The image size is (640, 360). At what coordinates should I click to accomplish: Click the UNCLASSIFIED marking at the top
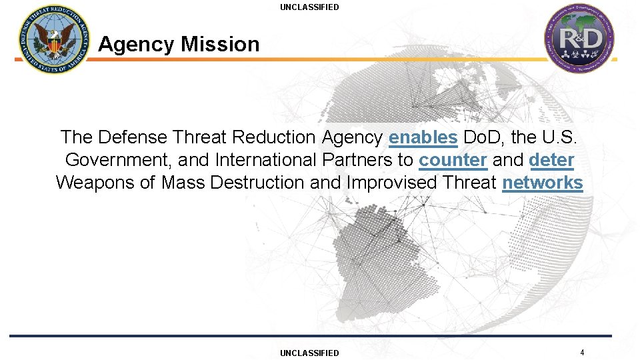point(309,7)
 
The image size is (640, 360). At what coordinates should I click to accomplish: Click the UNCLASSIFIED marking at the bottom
point(309,353)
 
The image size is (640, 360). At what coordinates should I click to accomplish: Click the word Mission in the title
point(219,45)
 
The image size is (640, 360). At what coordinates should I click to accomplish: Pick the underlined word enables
point(423,137)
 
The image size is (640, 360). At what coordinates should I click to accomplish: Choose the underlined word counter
point(453,160)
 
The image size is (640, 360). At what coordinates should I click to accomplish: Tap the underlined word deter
point(551,160)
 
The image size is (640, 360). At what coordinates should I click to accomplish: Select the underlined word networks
point(542,183)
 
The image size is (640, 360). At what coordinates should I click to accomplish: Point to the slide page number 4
point(582,352)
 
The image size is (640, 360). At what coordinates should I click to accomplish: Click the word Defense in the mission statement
point(132,137)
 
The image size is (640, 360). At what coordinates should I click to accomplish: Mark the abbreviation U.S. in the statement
point(565,137)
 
